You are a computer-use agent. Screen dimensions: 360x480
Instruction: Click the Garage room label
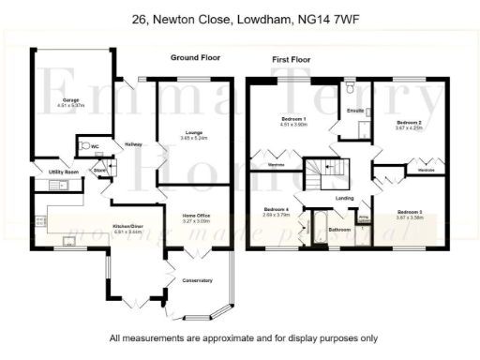70,98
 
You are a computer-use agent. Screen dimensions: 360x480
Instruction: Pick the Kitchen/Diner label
127,227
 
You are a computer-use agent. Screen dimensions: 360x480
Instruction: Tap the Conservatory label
198,280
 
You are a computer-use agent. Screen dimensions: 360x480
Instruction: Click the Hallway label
133,143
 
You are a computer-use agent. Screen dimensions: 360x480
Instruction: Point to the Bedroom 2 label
409,123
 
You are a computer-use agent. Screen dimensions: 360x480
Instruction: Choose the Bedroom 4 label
276,209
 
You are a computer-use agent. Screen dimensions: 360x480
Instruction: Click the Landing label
345,199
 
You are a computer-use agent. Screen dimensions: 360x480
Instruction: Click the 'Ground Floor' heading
195,58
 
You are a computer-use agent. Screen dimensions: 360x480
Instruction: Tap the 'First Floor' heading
292,58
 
